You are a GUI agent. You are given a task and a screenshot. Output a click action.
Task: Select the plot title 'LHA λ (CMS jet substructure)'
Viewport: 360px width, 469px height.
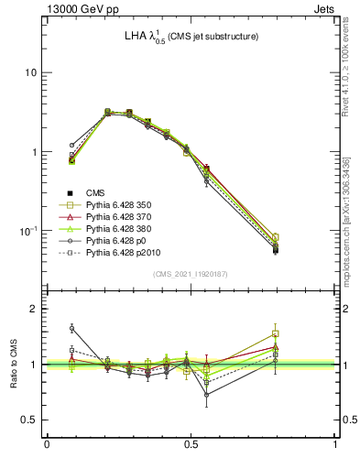(x=191, y=36)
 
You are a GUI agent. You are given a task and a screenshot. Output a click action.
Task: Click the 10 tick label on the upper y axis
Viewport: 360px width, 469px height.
(x=30, y=72)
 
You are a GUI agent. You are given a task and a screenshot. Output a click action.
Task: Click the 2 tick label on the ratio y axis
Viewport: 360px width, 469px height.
(x=34, y=309)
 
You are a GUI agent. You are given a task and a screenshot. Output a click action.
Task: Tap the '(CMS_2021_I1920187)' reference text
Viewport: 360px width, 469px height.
(x=191, y=275)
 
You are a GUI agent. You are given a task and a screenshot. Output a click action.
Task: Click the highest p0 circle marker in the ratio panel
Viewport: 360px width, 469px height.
(x=72, y=328)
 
